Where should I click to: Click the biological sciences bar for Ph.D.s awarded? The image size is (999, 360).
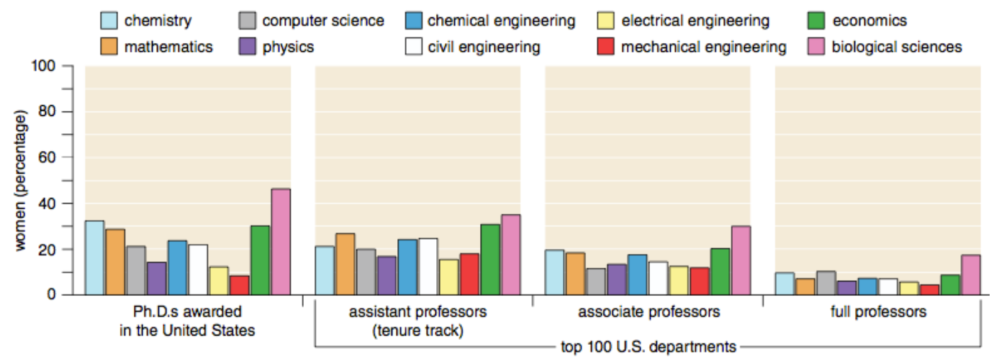pos(281,242)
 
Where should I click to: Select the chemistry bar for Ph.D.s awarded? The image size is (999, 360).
pos(94,258)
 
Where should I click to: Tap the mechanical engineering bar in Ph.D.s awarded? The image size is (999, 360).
pos(240,285)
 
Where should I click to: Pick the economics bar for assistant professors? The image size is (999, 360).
pos(490,260)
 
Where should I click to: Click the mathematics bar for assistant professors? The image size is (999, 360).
pos(345,264)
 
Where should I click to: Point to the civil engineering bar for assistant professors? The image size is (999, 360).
pos(428,267)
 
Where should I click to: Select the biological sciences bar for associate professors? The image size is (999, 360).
pos(741,261)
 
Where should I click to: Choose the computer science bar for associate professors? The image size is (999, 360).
pos(596,282)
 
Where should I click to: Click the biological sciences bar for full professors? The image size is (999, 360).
pos(971,275)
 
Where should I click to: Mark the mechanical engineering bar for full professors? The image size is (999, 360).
pos(929,290)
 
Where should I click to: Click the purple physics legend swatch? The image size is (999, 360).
pos(248,46)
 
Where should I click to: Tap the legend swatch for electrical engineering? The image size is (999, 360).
pos(605,21)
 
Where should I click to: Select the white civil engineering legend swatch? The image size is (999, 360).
pos(413,46)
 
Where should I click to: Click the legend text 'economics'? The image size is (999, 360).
pos(869,21)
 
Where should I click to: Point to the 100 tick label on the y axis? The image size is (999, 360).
pos(43,66)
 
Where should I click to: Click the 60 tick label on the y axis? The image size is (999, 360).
pos(47,158)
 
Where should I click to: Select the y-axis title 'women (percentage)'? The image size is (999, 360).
pos(21,181)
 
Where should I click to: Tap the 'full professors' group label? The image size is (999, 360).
pos(878,311)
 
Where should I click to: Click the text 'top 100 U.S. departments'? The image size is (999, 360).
pos(648,346)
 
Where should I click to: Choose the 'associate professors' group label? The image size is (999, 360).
pos(649,311)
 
